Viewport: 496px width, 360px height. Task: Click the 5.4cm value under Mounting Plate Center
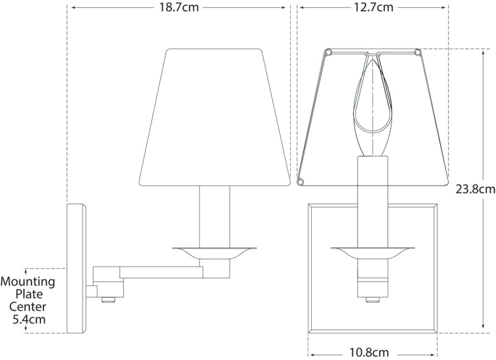(30, 320)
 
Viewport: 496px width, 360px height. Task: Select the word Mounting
(27, 283)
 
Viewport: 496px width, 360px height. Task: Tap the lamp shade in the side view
(215, 117)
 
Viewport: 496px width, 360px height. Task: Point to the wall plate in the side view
(77, 268)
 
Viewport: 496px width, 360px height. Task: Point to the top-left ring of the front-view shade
(328, 51)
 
